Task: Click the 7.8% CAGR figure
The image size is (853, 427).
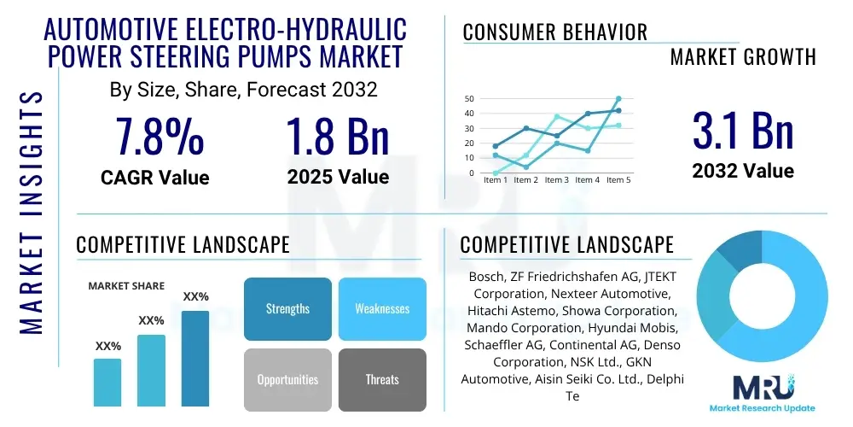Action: (160, 137)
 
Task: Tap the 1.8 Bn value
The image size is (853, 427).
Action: (338, 137)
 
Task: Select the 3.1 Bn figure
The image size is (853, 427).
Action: (743, 131)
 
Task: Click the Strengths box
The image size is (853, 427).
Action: (287, 308)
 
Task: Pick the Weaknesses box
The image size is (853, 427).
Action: (382, 308)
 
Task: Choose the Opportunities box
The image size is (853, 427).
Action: (287, 379)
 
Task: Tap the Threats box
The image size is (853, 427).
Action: (382, 379)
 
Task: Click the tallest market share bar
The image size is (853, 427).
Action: (195, 358)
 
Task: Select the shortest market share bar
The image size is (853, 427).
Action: (107, 382)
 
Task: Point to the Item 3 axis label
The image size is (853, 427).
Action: (557, 180)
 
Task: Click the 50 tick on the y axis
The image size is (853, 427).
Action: (468, 99)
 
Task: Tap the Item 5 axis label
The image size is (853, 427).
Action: (618, 180)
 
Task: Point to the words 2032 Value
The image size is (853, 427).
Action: (743, 171)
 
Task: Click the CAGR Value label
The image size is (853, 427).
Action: (155, 178)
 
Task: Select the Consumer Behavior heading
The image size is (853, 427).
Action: (555, 32)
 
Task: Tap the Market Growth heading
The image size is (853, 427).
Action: (743, 56)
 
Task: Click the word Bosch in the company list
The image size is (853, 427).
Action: (486, 278)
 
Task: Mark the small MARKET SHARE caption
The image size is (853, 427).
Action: (126, 286)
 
